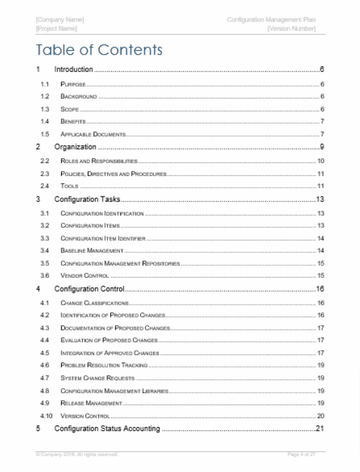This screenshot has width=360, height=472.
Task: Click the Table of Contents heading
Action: tap(99, 50)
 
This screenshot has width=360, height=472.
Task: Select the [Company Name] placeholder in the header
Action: tap(60, 20)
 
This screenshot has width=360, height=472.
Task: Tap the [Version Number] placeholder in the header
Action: tap(291, 29)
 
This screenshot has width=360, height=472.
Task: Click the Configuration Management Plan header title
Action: tap(271, 20)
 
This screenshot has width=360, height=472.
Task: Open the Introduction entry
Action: tap(74, 70)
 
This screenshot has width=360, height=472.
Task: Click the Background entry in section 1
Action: tap(79, 97)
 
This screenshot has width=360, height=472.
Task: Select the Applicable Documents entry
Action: tap(93, 134)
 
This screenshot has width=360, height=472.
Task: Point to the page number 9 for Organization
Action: tap(322, 147)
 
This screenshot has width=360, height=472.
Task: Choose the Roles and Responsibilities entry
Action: tap(99, 161)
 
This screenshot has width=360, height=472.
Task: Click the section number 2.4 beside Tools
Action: tap(45, 186)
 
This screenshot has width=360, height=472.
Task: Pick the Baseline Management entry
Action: tap(92, 250)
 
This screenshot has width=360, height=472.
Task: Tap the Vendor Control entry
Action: tap(85, 276)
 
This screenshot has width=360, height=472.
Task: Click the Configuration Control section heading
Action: tap(89, 289)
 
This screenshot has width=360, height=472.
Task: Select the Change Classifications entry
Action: tap(95, 303)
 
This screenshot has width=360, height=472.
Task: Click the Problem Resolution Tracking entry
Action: tap(104, 365)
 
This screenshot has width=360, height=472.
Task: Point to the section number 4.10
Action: tap(46, 416)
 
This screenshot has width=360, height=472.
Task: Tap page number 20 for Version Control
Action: tap(321, 416)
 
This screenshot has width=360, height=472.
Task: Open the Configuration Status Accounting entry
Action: tap(107, 429)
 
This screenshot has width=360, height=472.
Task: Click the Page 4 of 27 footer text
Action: tap(301, 454)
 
